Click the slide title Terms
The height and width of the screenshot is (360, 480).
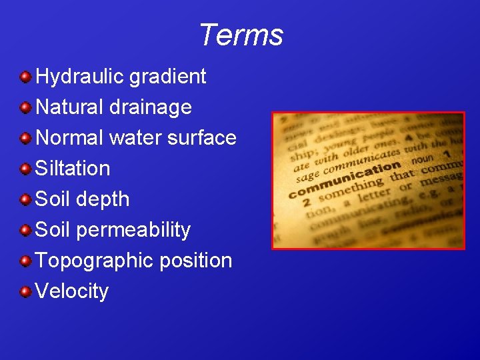click(241, 35)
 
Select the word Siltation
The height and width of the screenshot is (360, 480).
click(72, 169)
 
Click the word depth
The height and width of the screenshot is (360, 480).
click(103, 199)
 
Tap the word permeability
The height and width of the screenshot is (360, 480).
click(133, 230)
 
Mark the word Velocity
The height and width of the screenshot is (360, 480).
click(71, 291)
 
